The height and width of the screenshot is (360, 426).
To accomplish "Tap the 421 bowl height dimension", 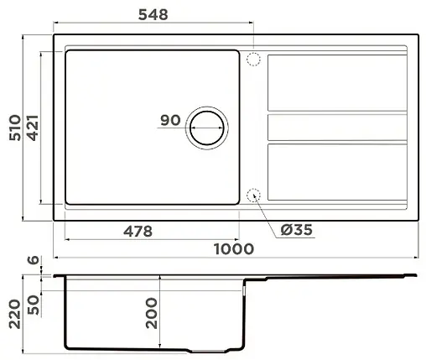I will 33,127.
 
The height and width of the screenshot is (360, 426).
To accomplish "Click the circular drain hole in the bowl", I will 206,128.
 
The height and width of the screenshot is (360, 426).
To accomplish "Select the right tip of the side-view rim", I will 416,274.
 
